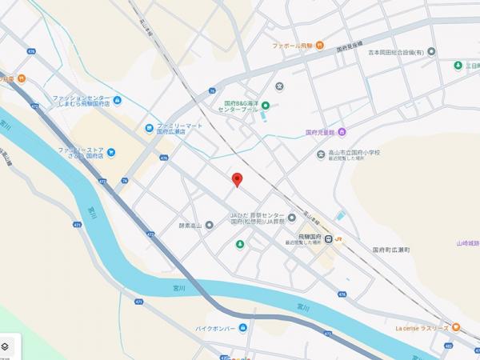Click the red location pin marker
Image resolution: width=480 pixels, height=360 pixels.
click(x=236, y=179)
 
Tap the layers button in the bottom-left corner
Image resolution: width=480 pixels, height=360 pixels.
click(x=6, y=346)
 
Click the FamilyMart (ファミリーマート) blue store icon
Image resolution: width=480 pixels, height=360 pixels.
click(x=149, y=127)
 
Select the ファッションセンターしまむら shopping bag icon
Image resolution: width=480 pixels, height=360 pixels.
click(x=118, y=100)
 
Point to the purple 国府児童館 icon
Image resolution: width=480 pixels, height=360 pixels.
click(x=342, y=132)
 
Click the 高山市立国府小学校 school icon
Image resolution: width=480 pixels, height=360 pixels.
click(x=321, y=154)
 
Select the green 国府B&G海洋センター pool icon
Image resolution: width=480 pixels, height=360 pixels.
click(x=266, y=106)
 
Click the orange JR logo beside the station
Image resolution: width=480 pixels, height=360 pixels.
click(x=338, y=238)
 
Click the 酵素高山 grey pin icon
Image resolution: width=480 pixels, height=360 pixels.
click(x=209, y=225)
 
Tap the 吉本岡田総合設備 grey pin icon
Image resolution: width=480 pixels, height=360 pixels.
click(x=432, y=52)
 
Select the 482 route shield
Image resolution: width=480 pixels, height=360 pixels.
click(x=470, y=346)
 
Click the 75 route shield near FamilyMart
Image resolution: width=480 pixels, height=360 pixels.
click(x=126, y=181)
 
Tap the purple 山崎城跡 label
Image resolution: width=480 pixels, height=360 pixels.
click(x=467, y=243)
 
